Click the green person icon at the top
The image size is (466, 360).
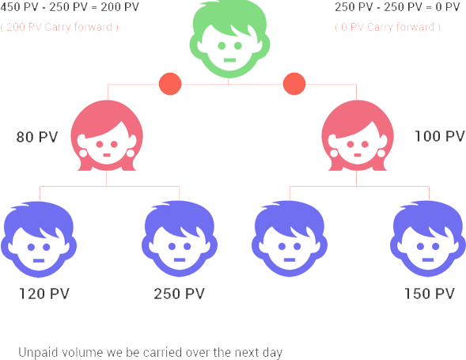click(x=229, y=39)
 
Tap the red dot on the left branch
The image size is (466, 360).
click(x=170, y=84)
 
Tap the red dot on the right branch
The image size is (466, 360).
click(x=294, y=84)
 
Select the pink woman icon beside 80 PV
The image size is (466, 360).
click(x=107, y=135)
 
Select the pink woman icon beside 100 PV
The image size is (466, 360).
click(x=358, y=135)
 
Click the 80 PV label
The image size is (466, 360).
click(x=37, y=137)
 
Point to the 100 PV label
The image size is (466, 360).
click(x=440, y=136)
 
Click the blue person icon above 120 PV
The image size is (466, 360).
click(x=39, y=240)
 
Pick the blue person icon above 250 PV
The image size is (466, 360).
click(x=180, y=239)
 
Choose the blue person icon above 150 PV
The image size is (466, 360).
click(x=428, y=239)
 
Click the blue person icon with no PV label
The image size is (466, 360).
click(x=290, y=239)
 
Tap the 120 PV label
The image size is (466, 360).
click(x=44, y=294)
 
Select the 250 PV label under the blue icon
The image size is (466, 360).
click(x=180, y=294)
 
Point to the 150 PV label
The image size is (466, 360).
click(x=430, y=294)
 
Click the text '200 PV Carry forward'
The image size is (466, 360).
click(x=59, y=27)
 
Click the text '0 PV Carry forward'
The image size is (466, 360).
click(x=388, y=27)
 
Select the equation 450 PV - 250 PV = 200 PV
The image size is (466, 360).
click(x=70, y=7)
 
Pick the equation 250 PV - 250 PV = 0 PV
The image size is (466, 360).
click(x=398, y=7)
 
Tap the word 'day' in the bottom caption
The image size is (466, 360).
click(x=272, y=353)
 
